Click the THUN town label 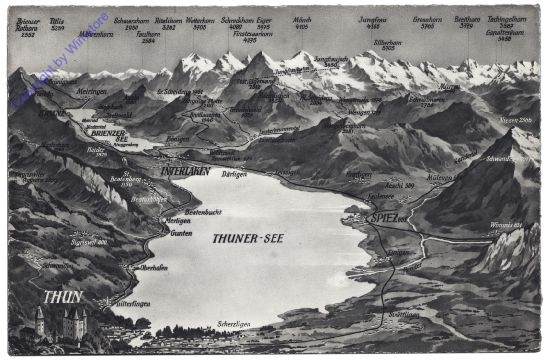coord(63,297)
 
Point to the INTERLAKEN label coord(184,171)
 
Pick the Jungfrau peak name coord(372,19)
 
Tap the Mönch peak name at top coord(301,19)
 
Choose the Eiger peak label coord(264,20)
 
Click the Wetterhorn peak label coord(200,20)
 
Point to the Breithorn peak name coord(466,19)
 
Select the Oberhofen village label coord(152,268)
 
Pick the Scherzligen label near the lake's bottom coord(235,325)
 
